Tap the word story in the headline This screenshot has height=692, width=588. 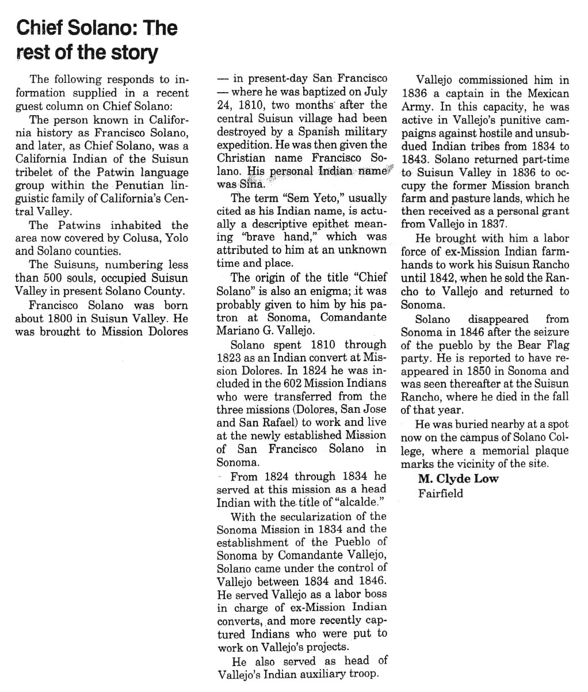tap(134, 53)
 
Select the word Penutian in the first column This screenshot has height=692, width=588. tap(139, 185)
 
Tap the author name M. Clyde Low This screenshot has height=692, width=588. tap(458, 479)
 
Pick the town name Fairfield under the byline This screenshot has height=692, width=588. tap(440, 493)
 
